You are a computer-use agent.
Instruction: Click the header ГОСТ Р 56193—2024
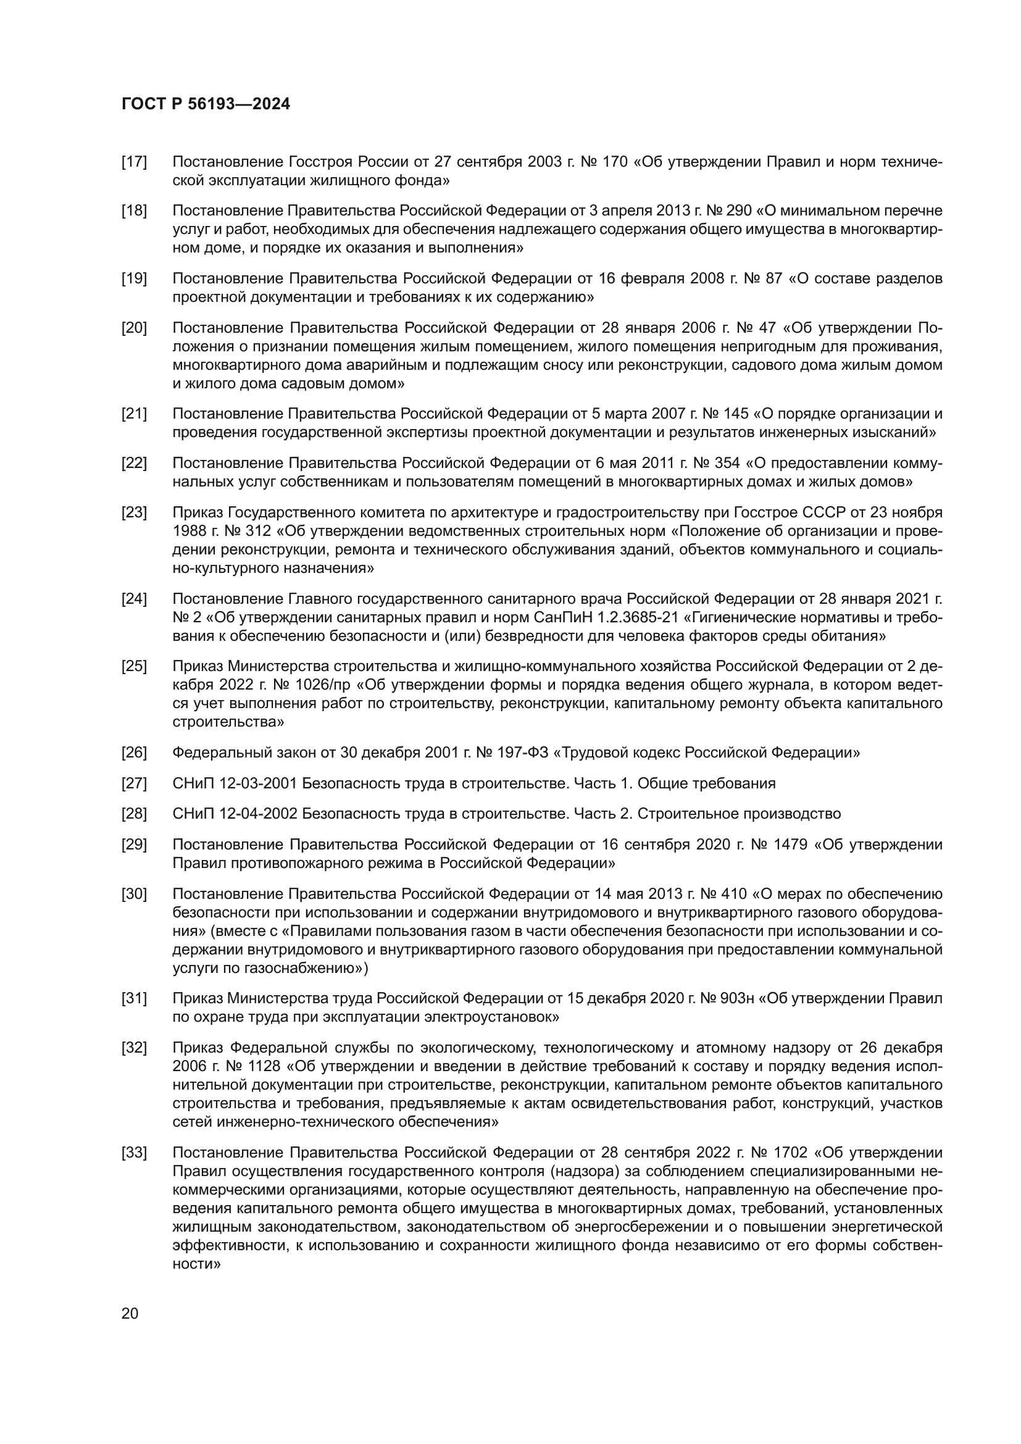coord(206,104)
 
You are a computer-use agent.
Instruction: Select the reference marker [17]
coord(134,162)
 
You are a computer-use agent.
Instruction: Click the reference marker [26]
coord(134,752)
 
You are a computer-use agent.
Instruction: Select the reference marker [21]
coord(134,414)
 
